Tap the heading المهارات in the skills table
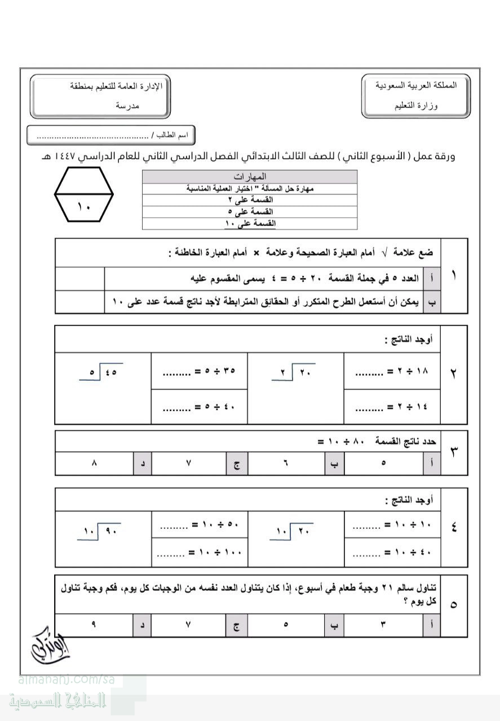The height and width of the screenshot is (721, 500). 249,176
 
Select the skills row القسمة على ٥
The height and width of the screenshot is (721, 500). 249,212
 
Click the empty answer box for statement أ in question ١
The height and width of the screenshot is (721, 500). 80,278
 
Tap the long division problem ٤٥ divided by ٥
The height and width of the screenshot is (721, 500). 101,372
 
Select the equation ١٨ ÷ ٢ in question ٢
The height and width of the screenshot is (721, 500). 392,372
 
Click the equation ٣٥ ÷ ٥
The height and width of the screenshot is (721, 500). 199,372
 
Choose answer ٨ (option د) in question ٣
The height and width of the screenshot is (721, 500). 94,463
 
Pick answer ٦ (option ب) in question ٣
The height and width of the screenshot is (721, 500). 285,463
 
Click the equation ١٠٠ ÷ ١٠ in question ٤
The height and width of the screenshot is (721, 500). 199,553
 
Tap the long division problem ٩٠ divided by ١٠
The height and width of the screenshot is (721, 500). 100,530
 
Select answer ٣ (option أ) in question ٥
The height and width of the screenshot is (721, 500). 383,625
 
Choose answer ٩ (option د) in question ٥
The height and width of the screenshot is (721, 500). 94,625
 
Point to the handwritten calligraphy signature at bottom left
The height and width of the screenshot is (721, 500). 47,644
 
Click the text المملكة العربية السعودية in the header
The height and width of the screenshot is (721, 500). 416,85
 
